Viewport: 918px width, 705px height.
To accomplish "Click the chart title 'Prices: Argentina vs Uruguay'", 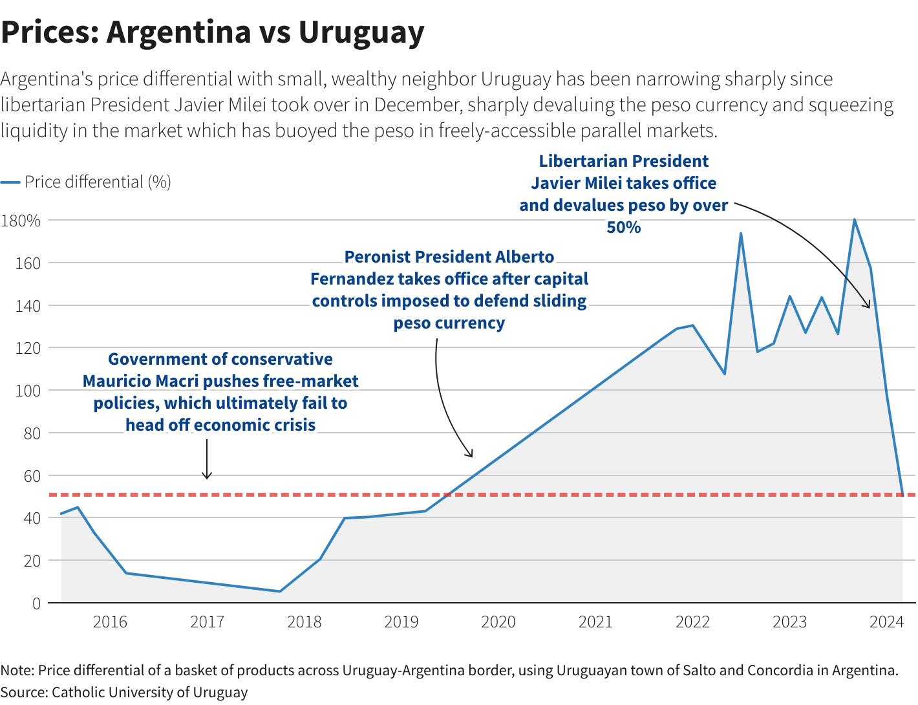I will pyautogui.click(x=213, y=32).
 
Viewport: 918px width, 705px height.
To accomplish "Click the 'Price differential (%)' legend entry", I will pyautogui.click(x=97, y=182).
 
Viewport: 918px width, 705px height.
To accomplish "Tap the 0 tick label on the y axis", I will pyautogui.click(x=36, y=603).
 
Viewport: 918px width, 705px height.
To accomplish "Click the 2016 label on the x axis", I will pyautogui.click(x=110, y=622).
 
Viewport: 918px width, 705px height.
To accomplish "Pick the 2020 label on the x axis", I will pyautogui.click(x=498, y=622).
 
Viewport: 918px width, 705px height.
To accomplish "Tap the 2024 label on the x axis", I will pyautogui.click(x=886, y=622).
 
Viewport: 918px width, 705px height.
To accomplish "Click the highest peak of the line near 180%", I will pyautogui.click(x=854, y=220).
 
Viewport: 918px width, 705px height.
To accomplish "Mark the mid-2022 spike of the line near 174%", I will pyautogui.click(x=741, y=233).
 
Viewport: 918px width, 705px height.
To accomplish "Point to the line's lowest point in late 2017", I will pyautogui.click(x=279, y=591).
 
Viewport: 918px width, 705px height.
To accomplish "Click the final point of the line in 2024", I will pyautogui.click(x=902, y=494).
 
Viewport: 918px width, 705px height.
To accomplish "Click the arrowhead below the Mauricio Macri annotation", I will pyautogui.click(x=207, y=477).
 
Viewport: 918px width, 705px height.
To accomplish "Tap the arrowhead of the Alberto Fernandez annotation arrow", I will pyautogui.click(x=471, y=455).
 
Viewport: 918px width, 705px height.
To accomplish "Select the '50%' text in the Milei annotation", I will pyautogui.click(x=623, y=227).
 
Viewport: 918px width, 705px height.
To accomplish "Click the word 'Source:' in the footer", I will pyautogui.click(x=24, y=692).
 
